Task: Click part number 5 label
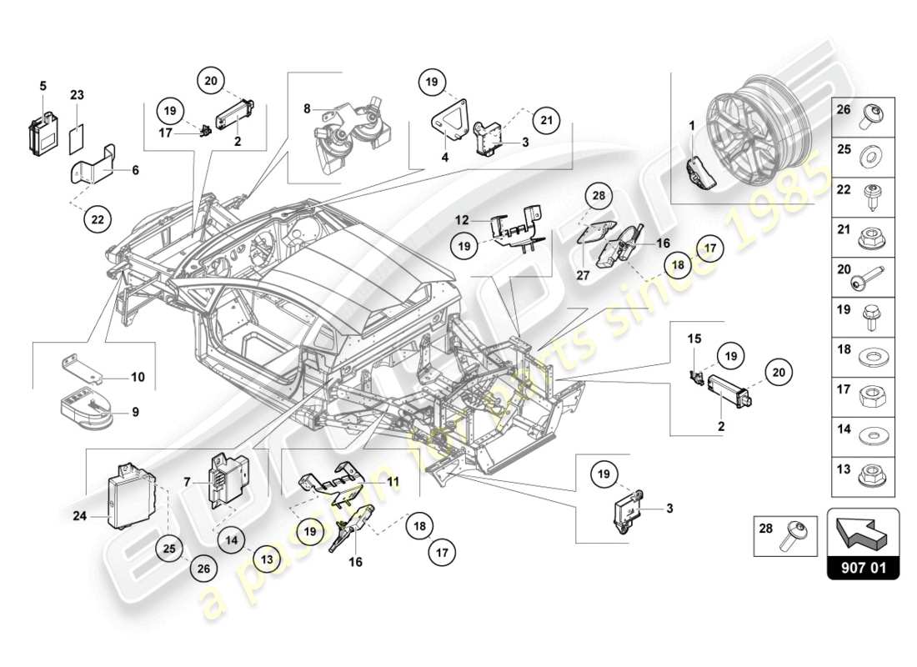coord(43,85)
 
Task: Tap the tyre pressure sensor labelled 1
coord(701,172)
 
